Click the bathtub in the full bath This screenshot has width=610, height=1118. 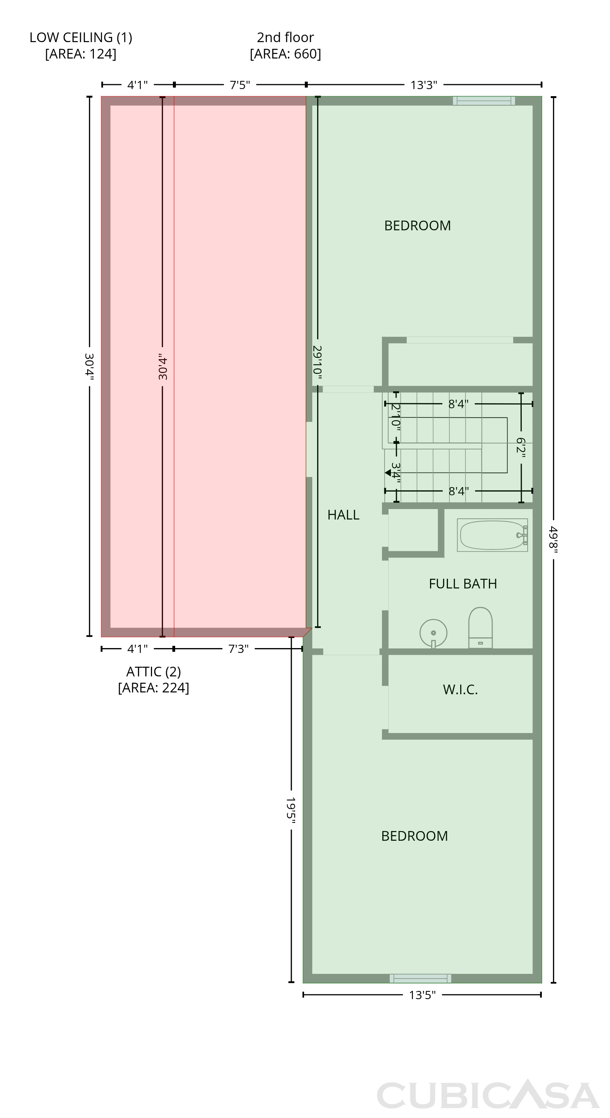pos(492,535)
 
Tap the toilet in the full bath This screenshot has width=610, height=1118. pos(480,628)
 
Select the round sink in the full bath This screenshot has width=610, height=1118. pos(433,633)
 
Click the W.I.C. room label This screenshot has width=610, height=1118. pos(460,690)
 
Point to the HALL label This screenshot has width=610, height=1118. pos(343,515)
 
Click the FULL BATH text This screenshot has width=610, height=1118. pos(463,584)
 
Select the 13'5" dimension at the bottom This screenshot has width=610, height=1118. pos(422,995)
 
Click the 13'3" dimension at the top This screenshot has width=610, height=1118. pos(424,85)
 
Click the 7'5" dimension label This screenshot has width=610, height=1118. pos(240,85)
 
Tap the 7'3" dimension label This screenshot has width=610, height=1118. pos(238,649)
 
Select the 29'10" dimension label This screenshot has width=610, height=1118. pos(317,362)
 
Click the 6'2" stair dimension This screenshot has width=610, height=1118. pos(521,448)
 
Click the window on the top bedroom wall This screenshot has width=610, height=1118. pos(484,101)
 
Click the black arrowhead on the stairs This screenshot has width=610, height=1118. pos(388,473)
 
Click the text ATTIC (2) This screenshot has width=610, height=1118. pos(154,672)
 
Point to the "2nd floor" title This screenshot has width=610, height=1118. pos(285,37)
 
